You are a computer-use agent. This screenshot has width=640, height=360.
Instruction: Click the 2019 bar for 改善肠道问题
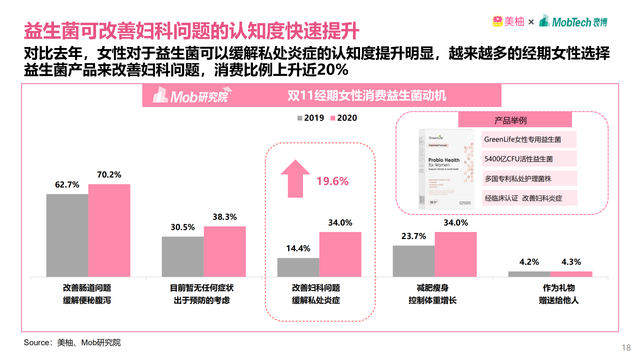click(x=67, y=235)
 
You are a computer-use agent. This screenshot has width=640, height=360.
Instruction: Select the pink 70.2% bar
click(x=109, y=230)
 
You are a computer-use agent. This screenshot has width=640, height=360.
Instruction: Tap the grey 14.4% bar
click(x=298, y=267)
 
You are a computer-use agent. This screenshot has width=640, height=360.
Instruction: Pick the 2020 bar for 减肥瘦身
click(x=455, y=254)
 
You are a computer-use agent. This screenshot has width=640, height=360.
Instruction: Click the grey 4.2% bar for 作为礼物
click(x=529, y=274)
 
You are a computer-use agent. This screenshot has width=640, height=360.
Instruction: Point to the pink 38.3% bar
click(x=224, y=251)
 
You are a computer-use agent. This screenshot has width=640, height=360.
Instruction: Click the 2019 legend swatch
click(x=300, y=118)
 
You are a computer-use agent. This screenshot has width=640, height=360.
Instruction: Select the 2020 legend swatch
click(x=333, y=118)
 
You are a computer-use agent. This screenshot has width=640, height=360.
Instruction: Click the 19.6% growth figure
click(x=332, y=181)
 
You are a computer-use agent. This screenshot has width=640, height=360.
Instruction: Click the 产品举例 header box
click(x=514, y=120)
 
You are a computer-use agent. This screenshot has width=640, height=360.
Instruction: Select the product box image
click(x=446, y=169)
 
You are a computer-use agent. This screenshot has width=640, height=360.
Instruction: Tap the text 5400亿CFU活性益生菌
click(x=518, y=159)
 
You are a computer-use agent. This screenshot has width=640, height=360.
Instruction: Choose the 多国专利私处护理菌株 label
click(x=518, y=178)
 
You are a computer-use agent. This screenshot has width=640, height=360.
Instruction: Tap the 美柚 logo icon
click(x=498, y=21)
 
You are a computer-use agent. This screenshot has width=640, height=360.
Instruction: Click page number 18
click(x=625, y=348)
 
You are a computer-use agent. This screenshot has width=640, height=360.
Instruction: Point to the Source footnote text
click(x=72, y=342)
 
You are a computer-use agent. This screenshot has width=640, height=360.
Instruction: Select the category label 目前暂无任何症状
click(x=201, y=288)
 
